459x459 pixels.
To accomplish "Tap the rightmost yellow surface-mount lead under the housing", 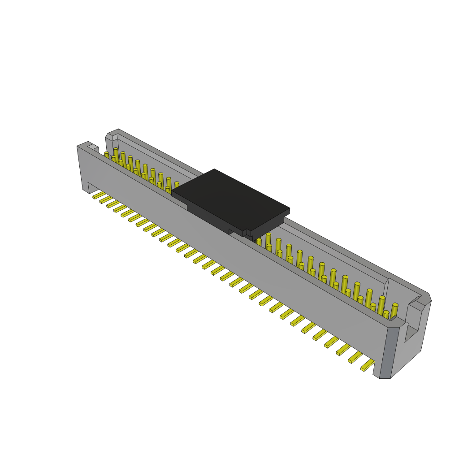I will pos(368,365).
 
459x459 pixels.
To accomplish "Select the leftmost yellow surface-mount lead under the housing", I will pos(99,195).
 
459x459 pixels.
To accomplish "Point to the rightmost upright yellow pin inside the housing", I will pos(394,311).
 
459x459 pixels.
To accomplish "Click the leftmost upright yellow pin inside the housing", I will pos(107,155).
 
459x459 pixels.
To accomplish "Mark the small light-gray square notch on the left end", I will pos(93,147).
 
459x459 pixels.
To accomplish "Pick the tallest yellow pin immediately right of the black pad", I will pos(268,240).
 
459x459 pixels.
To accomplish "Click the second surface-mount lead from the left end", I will pos(106,200).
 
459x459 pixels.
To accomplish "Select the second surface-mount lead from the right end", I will pos(355,357).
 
